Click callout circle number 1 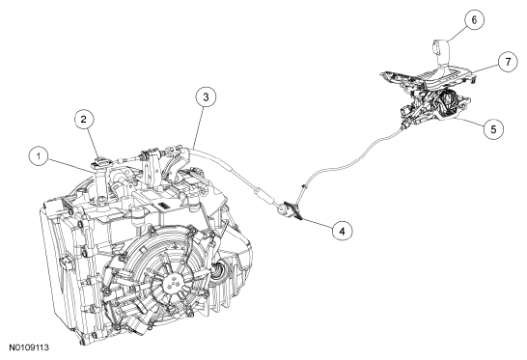[39, 156]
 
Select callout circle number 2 [84, 119]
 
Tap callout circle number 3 [206, 97]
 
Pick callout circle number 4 [342, 231]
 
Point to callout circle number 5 [493, 129]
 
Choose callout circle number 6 [474, 20]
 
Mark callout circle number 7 [508, 62]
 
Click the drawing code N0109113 [29, 347]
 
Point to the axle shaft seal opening [217, 263]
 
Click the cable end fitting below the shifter [404, 126]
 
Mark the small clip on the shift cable [304, 187]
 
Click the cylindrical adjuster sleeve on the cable [261, 195]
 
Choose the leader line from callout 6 [458, 34]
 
